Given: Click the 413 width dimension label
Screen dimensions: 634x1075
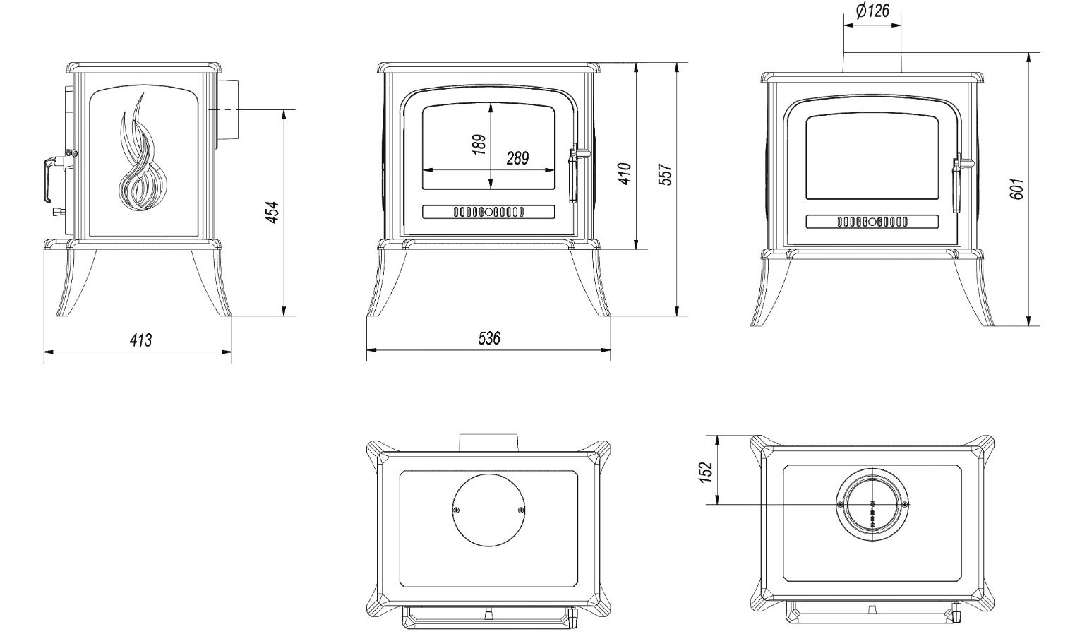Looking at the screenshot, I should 140,340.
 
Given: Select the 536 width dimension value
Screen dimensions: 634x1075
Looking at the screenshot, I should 488,339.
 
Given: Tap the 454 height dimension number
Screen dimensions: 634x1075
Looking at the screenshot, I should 272,212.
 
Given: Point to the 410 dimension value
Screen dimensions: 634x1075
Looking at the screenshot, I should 625,173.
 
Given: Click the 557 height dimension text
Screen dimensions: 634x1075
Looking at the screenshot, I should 665,173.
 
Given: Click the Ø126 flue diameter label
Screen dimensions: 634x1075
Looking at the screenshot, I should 872,11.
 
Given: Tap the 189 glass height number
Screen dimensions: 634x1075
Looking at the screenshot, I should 479,144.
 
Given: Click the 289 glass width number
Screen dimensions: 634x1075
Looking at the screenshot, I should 517,158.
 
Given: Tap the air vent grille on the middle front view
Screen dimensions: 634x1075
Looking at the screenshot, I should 488,211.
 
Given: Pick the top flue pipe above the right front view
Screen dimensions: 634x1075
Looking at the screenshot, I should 872,62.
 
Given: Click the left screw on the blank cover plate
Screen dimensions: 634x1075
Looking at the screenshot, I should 457,510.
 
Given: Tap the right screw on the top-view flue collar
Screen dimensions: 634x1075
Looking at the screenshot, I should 905,504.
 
